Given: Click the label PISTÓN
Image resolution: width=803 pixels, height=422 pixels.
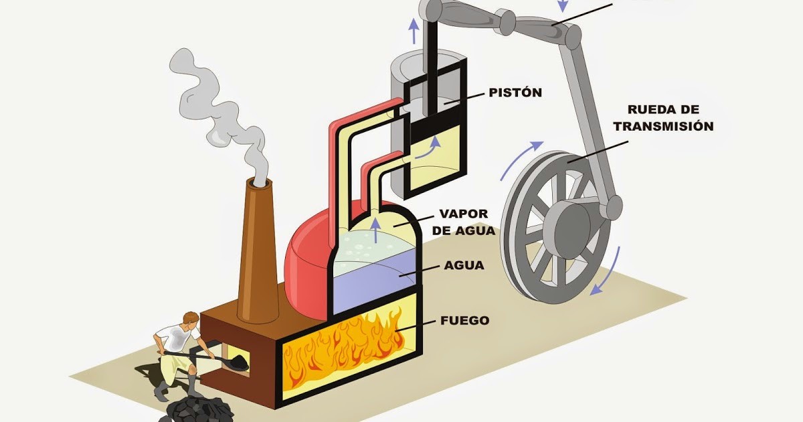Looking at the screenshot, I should (x=515, y=92).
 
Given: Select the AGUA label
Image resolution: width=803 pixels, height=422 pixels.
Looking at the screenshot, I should (x=464, y=265).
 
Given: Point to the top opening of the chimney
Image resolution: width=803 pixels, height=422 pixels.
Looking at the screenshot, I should (x=260, y=182).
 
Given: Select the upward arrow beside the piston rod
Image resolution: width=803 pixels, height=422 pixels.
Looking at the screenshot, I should (x=414, y=30).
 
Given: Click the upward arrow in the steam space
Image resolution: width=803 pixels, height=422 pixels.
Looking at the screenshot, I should (x=375, y=228).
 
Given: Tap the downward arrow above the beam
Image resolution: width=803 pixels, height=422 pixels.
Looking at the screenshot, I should (x=563, y=5).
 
